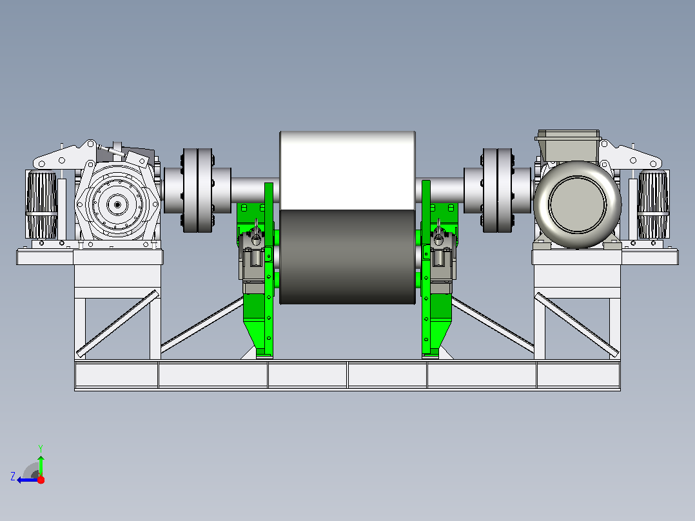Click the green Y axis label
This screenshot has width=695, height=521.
click(41, 448)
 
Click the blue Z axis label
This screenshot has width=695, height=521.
click(13, 477)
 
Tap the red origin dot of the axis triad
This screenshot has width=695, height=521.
click(41, 480)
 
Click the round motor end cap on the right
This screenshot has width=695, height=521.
click(577, 204)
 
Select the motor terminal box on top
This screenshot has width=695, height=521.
click(568, 146)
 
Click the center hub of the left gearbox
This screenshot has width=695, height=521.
click(117, 204)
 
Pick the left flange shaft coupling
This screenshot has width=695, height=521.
click(197, 190)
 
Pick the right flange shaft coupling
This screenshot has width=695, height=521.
click(497, 190)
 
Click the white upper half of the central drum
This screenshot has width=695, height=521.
click(347, 170)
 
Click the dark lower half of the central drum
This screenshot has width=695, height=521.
click(347, 257)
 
